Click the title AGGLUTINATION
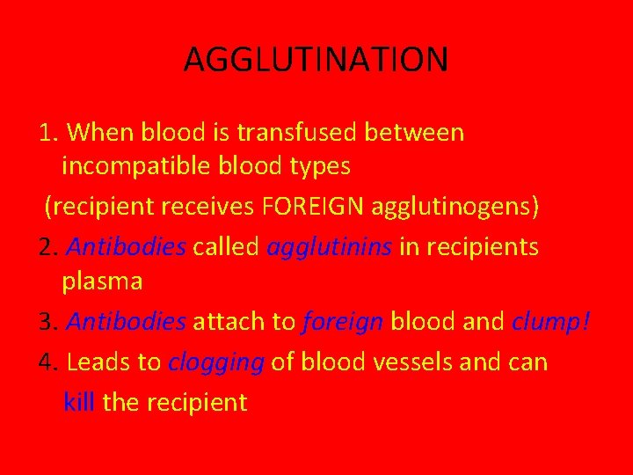316,60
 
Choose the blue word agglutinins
329,247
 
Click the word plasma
102,281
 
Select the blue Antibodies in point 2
126,247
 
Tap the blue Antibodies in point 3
126,322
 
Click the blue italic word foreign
342,322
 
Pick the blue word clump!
551,322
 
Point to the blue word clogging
216,362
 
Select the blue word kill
79,403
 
